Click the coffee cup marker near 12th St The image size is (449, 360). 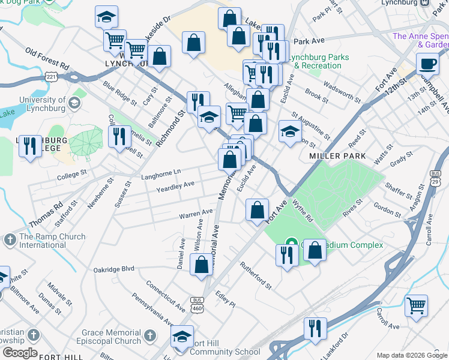pyautogui.click(x=428, y=63)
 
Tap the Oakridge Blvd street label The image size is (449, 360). pyautogui.click(x=113, y=269)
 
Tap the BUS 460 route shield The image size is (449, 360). pyautogui.click(x=197, y=304)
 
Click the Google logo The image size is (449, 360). pyautogui.click(x=20, y=353)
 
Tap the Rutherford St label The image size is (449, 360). pyautogui.click(x=256, y=274)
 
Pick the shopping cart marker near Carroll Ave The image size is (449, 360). pyautogui.click(x=416, y=305)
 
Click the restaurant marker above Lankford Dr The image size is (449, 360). pyautogui.click(x=313, y=328)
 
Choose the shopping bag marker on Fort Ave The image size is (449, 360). pyautogui.click(x=257, y=210)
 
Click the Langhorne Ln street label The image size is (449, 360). pyautogui.click(x=161, y=172)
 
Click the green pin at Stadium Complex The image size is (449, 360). pyautogui.click(x=291, y=244)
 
